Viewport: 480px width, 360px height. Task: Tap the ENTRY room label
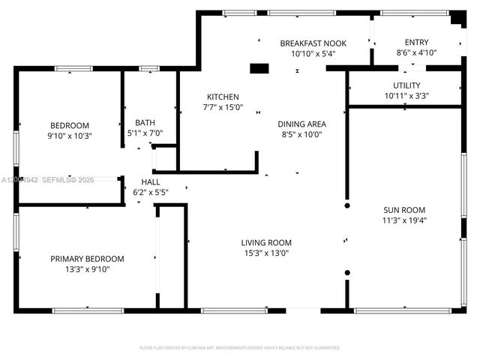click(x=416, y=43)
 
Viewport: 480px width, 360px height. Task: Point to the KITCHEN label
click(x=223, y=97)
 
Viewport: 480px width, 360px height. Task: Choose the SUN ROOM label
click(x=404, y=210)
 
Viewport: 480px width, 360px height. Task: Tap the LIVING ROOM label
click(x=266, y=242)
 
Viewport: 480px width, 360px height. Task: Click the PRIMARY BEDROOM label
click(x=87, y=259)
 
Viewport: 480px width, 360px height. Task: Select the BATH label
click(x=145, y=123)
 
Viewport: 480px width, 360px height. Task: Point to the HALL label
click(x=151, y=182)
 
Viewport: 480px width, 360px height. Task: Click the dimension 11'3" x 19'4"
click(x=404, y=220)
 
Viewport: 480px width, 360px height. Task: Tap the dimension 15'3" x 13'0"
click(x=266, y=253)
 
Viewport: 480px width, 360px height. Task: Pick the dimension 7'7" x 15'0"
click(x=223, y=107)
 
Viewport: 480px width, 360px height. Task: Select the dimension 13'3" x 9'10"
click(x=87, y=269)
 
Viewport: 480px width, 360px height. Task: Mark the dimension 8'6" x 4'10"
click(x=416, y=52)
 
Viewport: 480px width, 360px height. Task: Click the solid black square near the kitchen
click(x=259, y=69)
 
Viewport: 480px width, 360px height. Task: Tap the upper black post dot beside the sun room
click(x=346, y=204)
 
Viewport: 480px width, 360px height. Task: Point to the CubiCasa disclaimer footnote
click(x=240, y=347)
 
